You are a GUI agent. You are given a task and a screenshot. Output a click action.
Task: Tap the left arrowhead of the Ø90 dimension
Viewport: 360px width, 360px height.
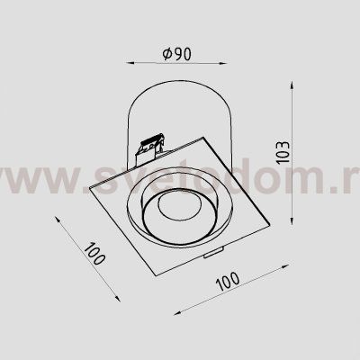125,64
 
